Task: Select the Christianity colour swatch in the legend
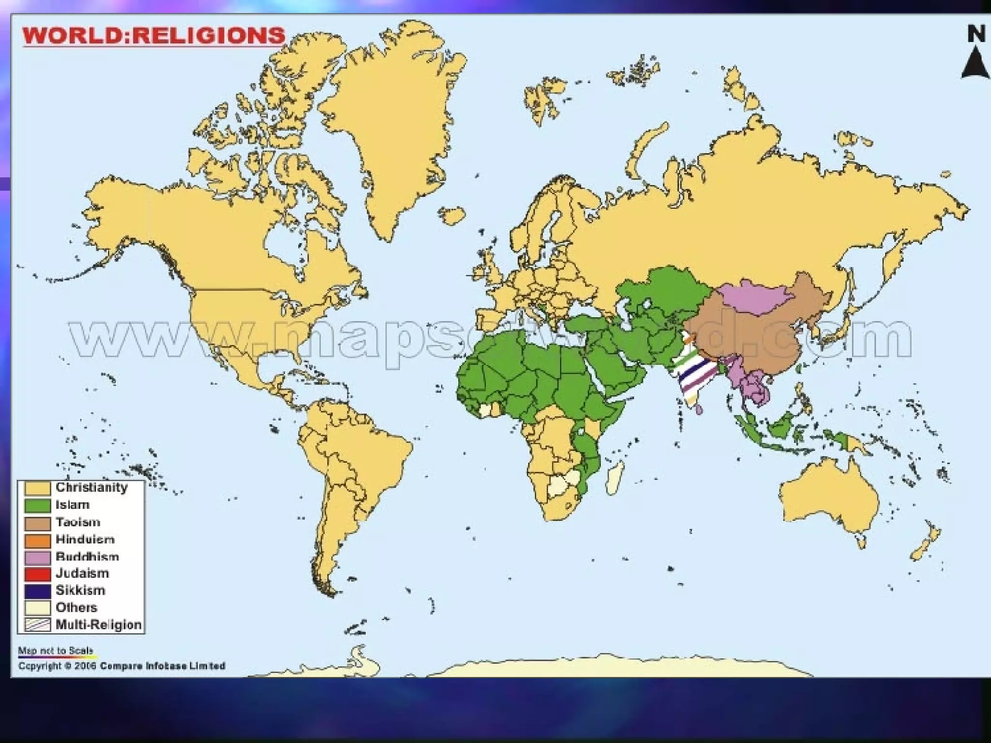(x=38, y=488)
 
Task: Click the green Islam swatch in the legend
(x=38, y=505)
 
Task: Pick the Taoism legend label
(x=78, y=522)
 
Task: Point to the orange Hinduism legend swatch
(x=38, y=540)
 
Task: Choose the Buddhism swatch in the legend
(x=38, y=557)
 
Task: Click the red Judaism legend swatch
(x=38, y=574)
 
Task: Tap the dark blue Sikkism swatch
(x=38, y=591)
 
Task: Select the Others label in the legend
(x=76, y=608)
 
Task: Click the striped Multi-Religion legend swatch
(x=38, y=624)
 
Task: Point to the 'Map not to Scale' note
(x=56, y=651)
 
